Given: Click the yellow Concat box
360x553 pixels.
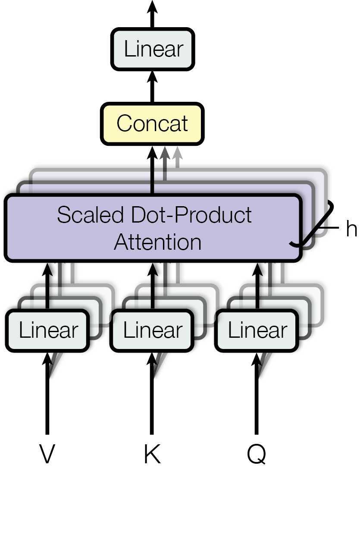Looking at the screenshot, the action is (152, 123).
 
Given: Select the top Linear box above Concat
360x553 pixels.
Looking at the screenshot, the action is (153, 49).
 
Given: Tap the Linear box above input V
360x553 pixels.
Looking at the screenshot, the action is (47, 330).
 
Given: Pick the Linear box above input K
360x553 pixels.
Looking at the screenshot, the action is (152, 330).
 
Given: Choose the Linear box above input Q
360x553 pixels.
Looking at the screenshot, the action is (257, 330).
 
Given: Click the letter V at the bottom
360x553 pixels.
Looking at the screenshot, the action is (47, 453).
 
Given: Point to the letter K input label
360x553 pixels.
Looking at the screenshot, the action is (152, 453).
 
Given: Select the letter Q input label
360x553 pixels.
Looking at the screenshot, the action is (257, 454).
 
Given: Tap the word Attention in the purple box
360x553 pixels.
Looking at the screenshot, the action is (158, 242).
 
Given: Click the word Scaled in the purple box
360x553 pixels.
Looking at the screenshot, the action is (90, 214).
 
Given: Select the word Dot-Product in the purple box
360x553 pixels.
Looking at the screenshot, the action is (191, 214).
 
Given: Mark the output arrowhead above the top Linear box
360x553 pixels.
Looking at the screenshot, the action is (152, 6).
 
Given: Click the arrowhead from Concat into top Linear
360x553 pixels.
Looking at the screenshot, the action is (152, 77).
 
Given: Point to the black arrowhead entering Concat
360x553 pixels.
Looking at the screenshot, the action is (152, 153).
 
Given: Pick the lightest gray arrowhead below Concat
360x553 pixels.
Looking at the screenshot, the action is (177, 153).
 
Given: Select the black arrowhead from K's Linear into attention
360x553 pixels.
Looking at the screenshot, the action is (152, 270).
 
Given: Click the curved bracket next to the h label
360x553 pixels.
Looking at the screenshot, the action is (312, 223).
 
